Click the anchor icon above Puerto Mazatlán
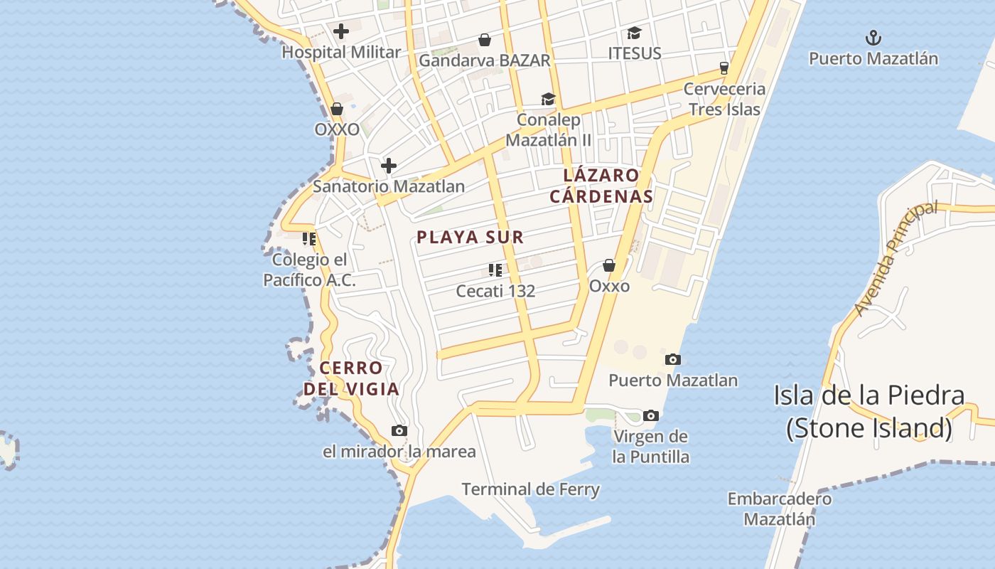(873, 38)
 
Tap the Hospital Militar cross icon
(341, 31)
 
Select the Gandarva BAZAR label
(484, 60)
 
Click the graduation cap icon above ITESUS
(634, 33)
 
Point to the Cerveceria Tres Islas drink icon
(724, 68)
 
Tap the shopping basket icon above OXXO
(337, 110)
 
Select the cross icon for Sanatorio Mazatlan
(388, 166)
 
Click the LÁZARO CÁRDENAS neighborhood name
(601, 186)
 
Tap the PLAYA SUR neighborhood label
(470, 238)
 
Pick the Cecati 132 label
(495, 291)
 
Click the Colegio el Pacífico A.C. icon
(308, 239)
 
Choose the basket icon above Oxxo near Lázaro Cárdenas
(609, 265)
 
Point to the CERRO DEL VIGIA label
(351, 378)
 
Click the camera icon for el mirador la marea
(399, 430)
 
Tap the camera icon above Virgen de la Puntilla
(650, 416)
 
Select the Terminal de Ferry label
(530, 489)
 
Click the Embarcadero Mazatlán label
(779, 509)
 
